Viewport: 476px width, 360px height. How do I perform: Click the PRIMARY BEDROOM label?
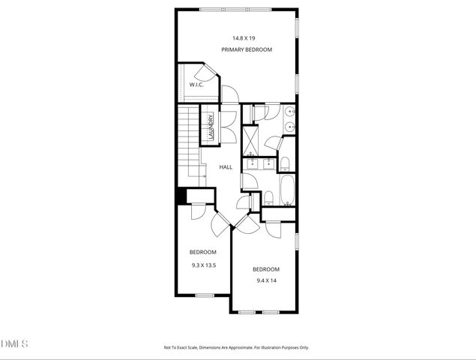[x=246, y=49]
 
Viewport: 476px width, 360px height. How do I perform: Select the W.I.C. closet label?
[x=196, y=85]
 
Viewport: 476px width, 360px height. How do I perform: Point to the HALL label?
[x=226, y=167]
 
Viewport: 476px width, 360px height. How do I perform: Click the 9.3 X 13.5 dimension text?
[x=203, y=265]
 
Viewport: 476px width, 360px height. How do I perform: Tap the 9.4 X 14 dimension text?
[x=266, y=280]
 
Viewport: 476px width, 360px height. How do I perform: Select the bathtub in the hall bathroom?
[x=288, y=190]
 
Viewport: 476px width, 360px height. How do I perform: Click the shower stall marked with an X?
[x=250, y=138]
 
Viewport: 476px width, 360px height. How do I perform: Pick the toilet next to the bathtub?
[x=268, y=198]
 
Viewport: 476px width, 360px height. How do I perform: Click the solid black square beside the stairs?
[x=181, y=196]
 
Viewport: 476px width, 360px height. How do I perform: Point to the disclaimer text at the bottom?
[x=237, y=347]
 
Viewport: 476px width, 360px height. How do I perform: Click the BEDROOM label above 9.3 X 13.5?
[x=202, y=251]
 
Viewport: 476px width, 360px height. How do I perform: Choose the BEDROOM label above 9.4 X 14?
[x=265, y=269]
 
